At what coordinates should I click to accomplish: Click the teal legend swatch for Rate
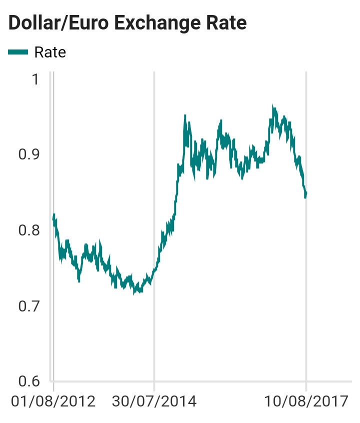click(x=18, y=51)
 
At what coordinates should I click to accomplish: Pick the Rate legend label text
click(x=50, y=52)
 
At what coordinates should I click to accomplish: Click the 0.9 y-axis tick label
click(x=28, y=154)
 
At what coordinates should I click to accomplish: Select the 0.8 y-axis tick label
click(x=28, y=230)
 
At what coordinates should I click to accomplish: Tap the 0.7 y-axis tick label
click(x=28, y=305)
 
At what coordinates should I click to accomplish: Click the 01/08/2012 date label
click(x=53, y=401)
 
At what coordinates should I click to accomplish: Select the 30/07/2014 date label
click(x=154, y=401)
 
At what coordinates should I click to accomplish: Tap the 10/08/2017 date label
click(x=306, y=401)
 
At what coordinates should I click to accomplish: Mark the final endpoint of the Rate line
click(x=306, y=193)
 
